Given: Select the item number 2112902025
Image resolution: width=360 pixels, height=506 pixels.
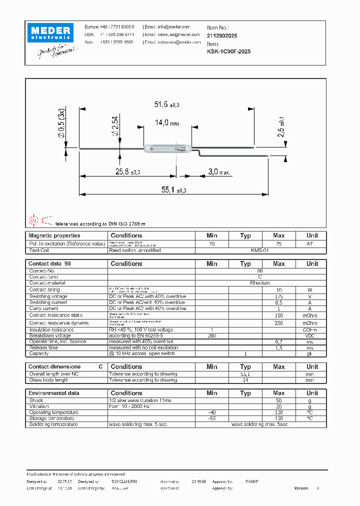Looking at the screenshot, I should coord(222,36).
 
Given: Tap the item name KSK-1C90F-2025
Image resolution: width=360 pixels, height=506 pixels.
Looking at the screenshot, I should coord(229,51).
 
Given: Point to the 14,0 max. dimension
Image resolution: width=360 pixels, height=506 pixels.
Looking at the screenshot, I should coord(167,122).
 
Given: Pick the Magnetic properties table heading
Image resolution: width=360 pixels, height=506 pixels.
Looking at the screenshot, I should coord(54,235).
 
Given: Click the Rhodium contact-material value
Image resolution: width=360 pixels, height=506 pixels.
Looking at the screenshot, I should coord(260,283).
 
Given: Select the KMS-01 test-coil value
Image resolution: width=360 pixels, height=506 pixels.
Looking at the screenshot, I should coord(260,250).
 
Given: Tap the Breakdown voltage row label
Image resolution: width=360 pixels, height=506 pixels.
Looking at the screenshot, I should coord(50,335).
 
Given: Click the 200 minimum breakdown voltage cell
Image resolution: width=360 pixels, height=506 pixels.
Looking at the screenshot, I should coord(212,335).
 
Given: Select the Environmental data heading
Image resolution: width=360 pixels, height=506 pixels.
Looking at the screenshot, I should coord(53,393).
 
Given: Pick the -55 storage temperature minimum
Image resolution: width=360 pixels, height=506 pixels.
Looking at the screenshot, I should coord(212,418).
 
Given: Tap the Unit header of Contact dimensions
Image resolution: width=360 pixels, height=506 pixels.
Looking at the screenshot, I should coord(312,367).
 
